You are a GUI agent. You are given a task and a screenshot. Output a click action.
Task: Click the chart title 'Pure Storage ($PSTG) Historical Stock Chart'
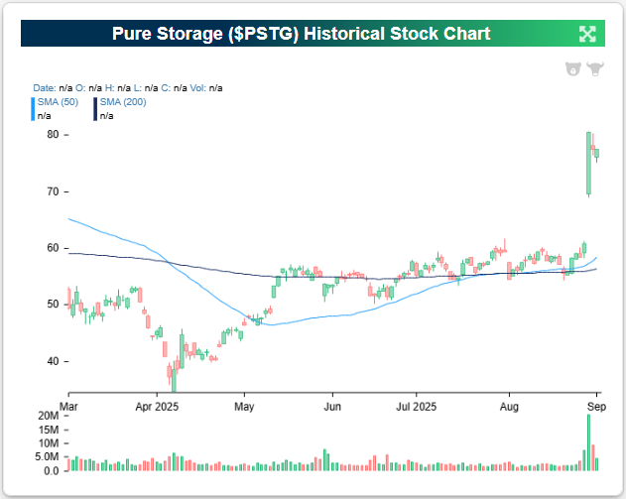pos(302,34)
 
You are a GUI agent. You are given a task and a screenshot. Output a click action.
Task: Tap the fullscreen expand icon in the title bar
pos(587,34)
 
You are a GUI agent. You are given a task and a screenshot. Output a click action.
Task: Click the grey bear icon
pos(572,69)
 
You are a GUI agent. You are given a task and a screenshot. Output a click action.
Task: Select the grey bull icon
pos(595,69)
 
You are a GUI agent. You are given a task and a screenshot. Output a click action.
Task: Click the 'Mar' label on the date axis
pos(69,407)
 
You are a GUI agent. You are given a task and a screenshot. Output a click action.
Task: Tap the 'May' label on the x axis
pos(245,407)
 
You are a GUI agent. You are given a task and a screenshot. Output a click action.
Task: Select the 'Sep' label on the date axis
pos(595,407)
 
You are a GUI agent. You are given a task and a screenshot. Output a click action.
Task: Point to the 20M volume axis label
pos(48,415)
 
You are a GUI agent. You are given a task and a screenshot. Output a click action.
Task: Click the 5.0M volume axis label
pos(47,457)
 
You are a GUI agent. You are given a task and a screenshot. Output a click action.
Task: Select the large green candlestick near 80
pos(589,163)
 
